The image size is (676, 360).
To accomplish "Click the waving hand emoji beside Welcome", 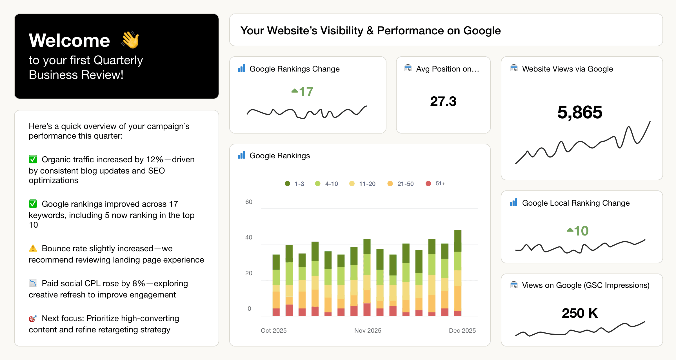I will (130, 40).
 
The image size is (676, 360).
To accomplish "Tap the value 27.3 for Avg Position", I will (443, 101).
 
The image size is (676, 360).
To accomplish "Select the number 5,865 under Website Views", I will (580, 112).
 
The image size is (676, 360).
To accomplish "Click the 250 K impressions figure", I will (580, 313).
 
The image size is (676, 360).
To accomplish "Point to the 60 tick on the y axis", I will (249, 202).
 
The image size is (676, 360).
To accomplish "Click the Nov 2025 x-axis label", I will (368, 330).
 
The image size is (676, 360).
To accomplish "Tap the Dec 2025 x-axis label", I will (462, 330).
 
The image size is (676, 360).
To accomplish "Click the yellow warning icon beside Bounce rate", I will (33, 248).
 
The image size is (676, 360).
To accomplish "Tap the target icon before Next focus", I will (33, 318).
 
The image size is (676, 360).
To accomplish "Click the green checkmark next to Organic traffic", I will (33, 159).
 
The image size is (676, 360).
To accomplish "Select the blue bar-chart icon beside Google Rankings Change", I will (241, 68).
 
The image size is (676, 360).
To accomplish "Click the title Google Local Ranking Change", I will (576, 203).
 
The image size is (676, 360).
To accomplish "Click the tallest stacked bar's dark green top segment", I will (458, 241).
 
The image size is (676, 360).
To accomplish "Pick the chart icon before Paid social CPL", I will (33, 283).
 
